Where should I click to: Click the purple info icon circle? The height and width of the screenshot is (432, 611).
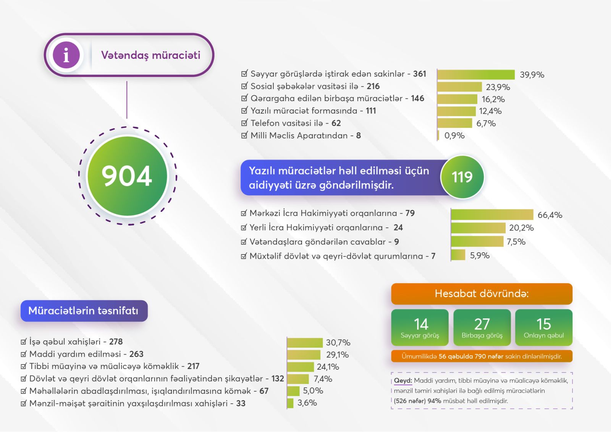tap(66, 55)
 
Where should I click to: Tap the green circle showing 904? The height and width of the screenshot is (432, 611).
tap(127, 176)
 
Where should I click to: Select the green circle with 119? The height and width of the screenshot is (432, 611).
tap(462, 177)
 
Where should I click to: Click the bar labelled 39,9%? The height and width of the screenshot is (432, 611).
tap(476, 74)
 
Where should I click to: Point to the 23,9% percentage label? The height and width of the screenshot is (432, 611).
tap(498, 87)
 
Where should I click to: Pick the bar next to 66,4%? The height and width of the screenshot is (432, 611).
tap(492, 214)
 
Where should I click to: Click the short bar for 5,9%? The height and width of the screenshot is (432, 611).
tap(458, 255)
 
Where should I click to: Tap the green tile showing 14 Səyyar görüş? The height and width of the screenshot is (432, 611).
tap(420, 327)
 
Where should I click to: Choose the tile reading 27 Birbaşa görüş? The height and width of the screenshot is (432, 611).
tap(482, 327)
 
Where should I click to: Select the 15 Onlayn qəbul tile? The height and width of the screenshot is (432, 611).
tap(544, 327)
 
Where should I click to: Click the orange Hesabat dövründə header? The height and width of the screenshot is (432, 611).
tap(482, 293)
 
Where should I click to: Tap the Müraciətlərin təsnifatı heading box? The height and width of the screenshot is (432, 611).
tap(84, 311)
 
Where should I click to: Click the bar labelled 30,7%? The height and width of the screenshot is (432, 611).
tap(305, 343)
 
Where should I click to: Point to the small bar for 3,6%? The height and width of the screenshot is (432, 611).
tap(290, 403)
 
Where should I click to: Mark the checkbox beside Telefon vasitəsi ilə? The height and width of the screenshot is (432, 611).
tap(244, 123)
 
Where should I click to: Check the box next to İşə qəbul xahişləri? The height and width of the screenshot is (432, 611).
tap(24, 342)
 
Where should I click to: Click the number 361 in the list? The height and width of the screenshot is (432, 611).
tap(419, 74)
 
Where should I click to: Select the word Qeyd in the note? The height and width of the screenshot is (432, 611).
tap(402, 380)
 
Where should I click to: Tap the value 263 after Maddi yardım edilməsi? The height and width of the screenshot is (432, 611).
tap(136, 354)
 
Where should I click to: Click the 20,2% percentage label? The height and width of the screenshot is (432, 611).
tap(521, 228)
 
